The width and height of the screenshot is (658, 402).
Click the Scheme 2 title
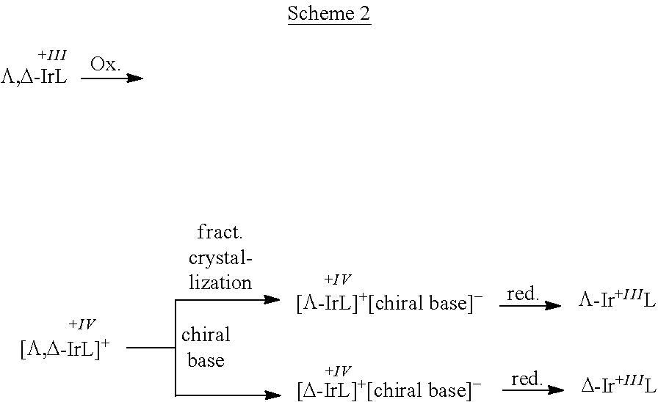pyautogui.click(x=329, y=14)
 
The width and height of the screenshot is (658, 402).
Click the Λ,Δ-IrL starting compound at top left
pyautogui.click(x=34, y=78)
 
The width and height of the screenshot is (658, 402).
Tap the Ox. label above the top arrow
pyautogui.click(x=106, y=64)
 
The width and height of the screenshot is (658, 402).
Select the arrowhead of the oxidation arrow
pyautogui.click(x=136, y=78)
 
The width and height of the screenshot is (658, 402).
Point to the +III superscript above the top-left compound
pyautogui.click(x=51, y=56)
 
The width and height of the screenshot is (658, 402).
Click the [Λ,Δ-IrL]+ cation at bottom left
pyautogui.click(x=65, y=349)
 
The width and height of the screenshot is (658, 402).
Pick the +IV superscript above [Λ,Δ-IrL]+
pyautogui.click(x=82, y=324)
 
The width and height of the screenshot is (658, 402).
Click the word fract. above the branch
pyautogui.click(x=220, y=233)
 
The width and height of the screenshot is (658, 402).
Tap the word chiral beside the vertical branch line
pyautogui.click(x=206, y=335)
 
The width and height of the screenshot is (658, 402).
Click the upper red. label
pyautogui.click(x=523, y=294)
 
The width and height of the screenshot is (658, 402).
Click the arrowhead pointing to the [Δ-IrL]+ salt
pyautogui.click(x=272, y=395)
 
